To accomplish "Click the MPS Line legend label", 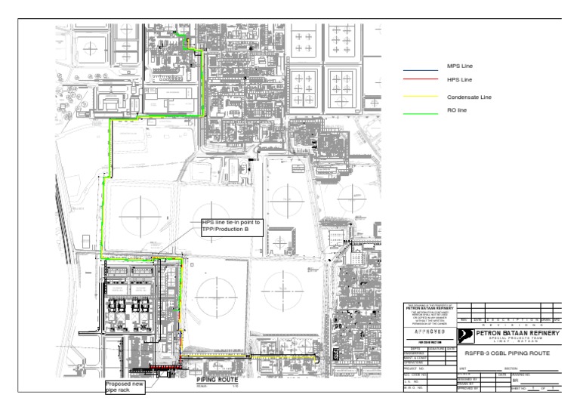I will (459, 66).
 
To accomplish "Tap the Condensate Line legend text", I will (469, 97).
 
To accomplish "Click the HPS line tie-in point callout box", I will (231, 227).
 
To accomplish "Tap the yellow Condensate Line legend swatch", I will (421, 97).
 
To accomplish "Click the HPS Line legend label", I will (459, 79).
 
